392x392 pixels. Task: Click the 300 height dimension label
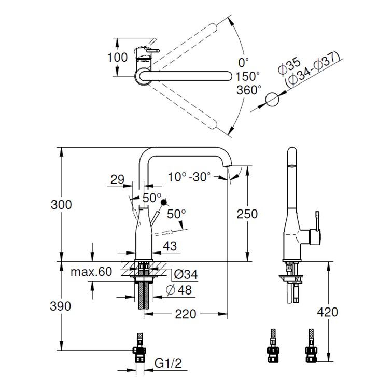61,204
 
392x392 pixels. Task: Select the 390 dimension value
61,306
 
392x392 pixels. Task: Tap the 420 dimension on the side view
327,312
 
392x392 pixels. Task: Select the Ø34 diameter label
185,273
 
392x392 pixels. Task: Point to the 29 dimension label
117,180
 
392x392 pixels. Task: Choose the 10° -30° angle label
189,177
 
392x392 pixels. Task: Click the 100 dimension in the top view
117,57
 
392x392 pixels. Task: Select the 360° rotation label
249,90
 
